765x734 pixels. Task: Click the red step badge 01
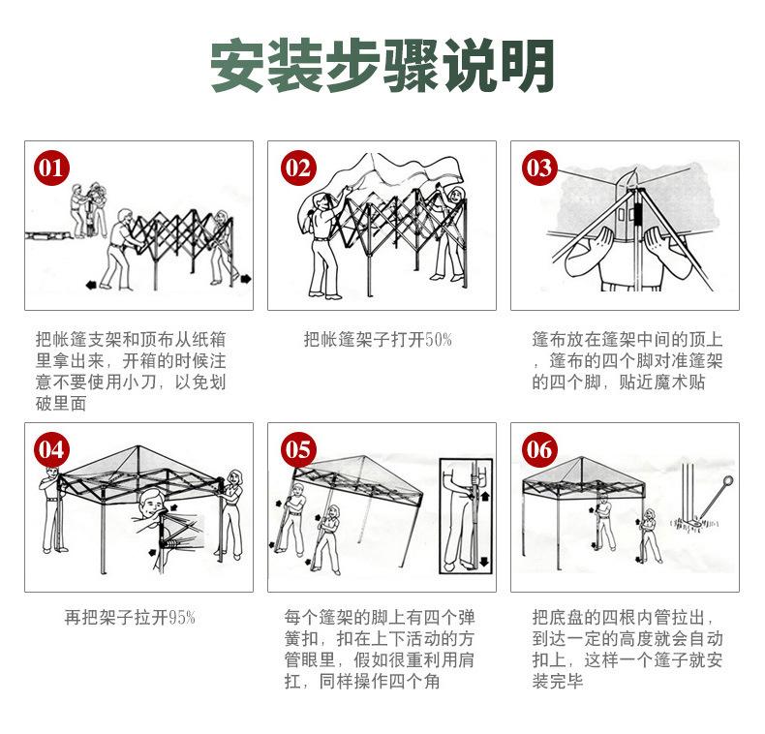[x=51, y=168]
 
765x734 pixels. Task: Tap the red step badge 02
[x=298, y=168]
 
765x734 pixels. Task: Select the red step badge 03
[x=538, y=168]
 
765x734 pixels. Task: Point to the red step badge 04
[x=51, y=449]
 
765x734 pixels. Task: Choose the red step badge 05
[x=298, y=449]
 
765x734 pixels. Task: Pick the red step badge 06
[x=538, y=449]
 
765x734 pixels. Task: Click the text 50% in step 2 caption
[x=439, y=339]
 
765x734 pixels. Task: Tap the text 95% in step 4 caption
[x=182, y=618]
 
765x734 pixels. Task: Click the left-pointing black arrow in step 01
[x=91, y=285]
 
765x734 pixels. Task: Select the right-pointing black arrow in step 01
[x=246, y=279]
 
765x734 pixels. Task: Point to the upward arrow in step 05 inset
[x=485, y=498]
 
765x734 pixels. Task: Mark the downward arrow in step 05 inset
[x=484, y=562]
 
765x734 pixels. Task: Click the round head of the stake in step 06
[x=728, y=481]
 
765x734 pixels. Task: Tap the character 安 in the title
[x=239, y=66]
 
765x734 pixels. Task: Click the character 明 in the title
[x=527, y=66]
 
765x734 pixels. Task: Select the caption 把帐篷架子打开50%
[x=378, y=339]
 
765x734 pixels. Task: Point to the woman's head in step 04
[x=235, y=477]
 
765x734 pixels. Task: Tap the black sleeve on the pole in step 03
[x=638, y=215]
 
